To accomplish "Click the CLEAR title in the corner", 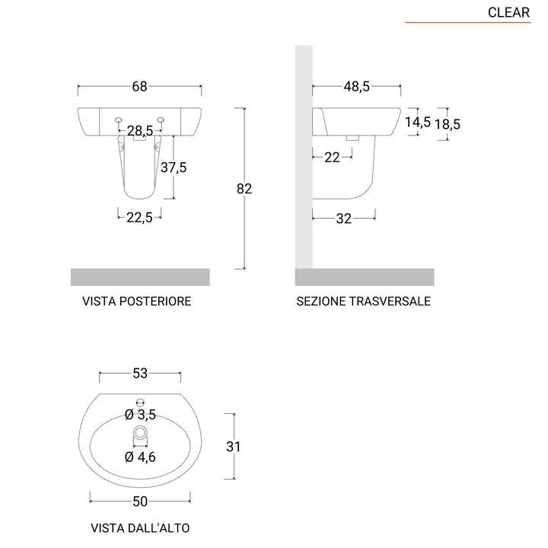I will [x=508, y=12].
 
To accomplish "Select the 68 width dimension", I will [x=139, y=86].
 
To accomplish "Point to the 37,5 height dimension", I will [x=173, y=167].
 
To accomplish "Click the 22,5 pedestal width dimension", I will [x=139, y=217].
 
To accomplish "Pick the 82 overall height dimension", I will [x=244, y=189].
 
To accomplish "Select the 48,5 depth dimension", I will [x=355, y=86].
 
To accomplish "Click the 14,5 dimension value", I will [x=417, y=122].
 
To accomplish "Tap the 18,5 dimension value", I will [x=448, y=123].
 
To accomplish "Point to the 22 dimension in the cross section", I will [x=332, y=157].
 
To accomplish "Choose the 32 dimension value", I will [x=344, y=218].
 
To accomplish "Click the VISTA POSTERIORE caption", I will [x=137, y=301].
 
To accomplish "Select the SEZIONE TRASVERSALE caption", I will [x=363, y=301].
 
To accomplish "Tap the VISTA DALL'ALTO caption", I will [x=140, y=527].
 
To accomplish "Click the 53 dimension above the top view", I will [x=140, y=373].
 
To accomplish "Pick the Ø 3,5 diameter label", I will [x=140, y=416].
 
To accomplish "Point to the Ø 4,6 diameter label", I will [x=140, y=457].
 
